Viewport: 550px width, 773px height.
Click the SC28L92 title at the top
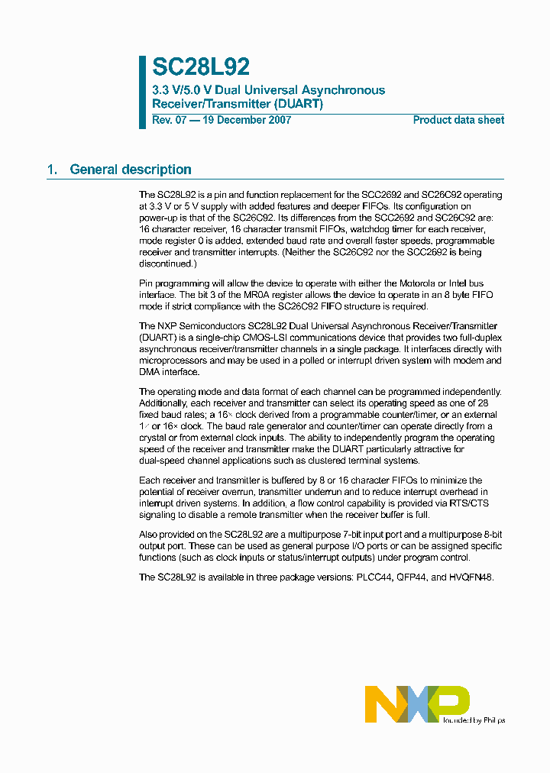[201, 67]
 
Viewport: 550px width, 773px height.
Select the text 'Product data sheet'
[458, 120]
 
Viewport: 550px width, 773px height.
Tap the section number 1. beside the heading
[52, 170]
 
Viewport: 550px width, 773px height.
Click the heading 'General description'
[131, 170]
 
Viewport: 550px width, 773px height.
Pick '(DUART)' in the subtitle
[299, 104]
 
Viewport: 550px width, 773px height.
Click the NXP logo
[416, 703]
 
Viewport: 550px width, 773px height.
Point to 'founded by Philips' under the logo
[474, 720]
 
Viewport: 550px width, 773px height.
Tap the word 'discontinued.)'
[167, 264]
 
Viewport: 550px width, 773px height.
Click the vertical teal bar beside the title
[142, 92]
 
